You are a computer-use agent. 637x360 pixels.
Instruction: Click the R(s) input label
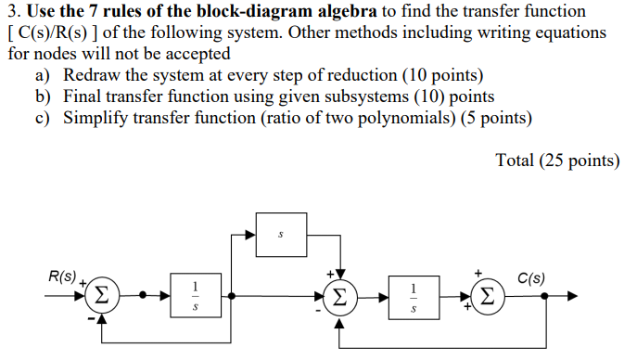(x=63, y=276)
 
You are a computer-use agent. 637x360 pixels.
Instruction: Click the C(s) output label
(x=531, y=277)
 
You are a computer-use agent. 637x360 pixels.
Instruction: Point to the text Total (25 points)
(x=557, y=160)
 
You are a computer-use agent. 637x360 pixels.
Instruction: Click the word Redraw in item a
(x=91, y=75)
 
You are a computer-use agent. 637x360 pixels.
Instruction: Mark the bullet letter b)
(x=43, y=96)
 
